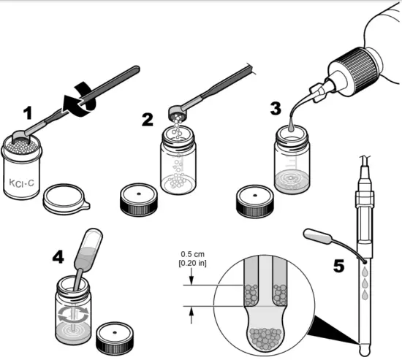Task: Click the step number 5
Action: (x=338, y=266)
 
